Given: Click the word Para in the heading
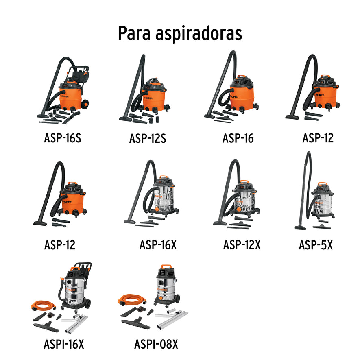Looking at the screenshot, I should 134,33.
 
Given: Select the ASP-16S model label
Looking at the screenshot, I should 62,138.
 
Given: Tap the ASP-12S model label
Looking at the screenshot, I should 148,138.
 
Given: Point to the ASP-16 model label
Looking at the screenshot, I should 238,138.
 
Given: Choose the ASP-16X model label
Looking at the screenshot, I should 158,245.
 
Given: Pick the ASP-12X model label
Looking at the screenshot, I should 242,245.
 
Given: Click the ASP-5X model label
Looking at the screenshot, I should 316,245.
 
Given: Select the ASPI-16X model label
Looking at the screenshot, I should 63,345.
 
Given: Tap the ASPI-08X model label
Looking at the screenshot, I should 156,345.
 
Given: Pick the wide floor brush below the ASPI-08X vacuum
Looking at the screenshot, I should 136,323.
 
